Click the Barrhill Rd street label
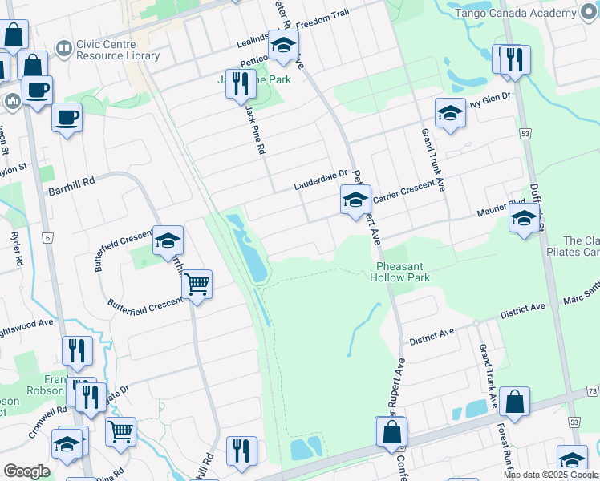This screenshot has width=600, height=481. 71,182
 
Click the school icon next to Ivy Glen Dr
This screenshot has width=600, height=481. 450,113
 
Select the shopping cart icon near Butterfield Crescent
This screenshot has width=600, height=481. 197,284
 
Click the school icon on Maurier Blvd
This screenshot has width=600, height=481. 524,218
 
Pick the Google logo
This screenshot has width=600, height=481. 26,471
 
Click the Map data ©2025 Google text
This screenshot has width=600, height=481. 550,475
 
